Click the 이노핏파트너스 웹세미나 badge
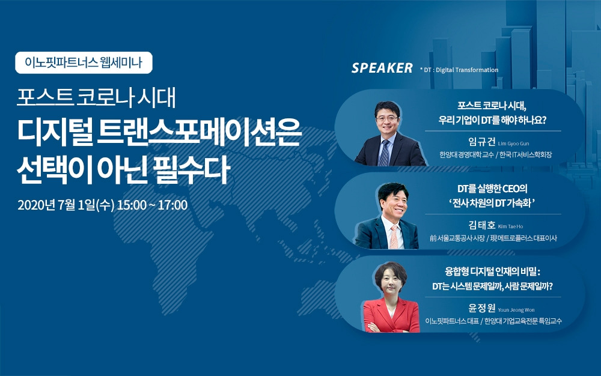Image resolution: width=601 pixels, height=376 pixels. click(x=84, y=62)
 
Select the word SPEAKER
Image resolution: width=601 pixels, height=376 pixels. click(x=382, y=68)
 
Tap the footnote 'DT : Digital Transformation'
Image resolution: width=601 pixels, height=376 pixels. click(x=460, y=70)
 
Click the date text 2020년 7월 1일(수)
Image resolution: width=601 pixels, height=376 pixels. click(x=66, y=205)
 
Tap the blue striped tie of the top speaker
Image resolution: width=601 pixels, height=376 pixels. click(x=383, y=153)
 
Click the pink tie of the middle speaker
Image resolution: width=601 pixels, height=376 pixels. click(x=394, y=237)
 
